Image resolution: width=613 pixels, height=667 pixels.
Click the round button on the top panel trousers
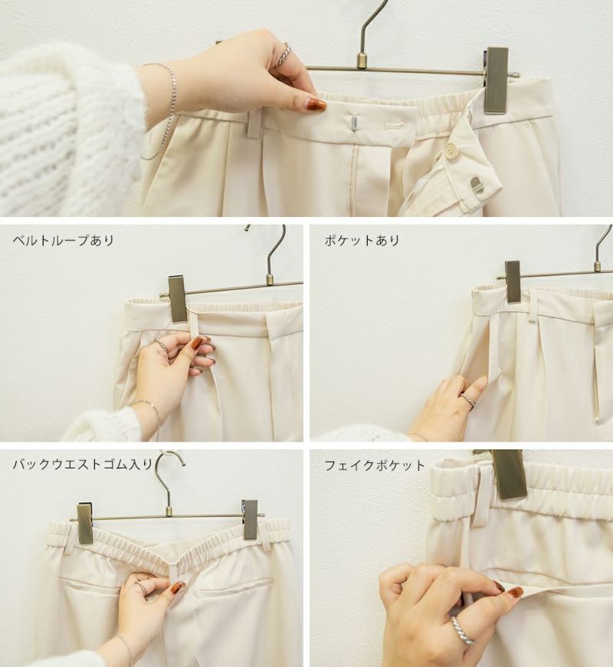[x=449, y=150]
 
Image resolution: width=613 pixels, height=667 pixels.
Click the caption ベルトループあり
[x=64, y=241]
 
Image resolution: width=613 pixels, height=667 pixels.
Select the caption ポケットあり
[x=362, y=241]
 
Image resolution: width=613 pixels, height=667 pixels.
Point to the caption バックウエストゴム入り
[x=83, y=464]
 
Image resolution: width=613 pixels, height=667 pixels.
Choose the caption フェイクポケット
[x=375, y=465]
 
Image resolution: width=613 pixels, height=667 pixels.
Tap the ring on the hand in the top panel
[x=283, y=55]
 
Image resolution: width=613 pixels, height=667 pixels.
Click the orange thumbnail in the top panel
[x=315, y=104]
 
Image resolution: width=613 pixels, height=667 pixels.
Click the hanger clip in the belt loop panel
[x=177, y=299]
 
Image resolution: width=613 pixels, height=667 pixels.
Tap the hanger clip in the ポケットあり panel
[x=513, y=282]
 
